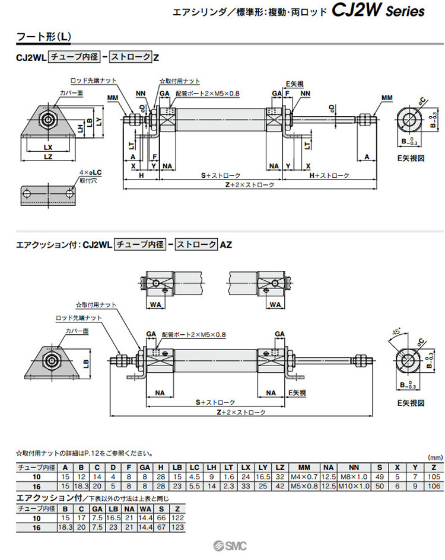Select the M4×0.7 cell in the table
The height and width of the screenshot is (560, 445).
click(x=303, y=476)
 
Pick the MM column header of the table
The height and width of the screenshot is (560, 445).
click(x=303, y=468)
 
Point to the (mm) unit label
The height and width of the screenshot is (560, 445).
click(x=435, y=458)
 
